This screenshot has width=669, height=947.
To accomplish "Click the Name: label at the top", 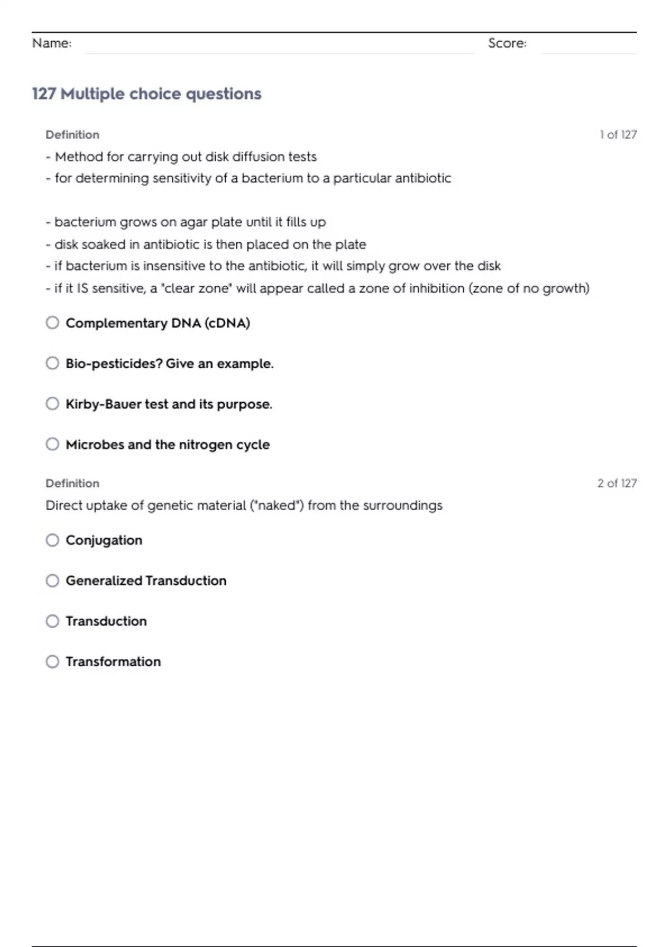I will click(x=52, y=43).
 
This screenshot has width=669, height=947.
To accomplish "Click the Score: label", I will click(x=507, y=43).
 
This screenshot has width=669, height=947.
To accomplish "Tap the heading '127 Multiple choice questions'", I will click(x=147, y=94).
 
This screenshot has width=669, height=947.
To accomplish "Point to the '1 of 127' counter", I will click(x=618, y=134).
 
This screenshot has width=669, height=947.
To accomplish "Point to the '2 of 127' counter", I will click(x=617, y=483).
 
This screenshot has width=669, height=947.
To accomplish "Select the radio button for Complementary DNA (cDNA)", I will click(x=52, y=323).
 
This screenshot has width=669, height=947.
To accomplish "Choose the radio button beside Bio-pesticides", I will click(x=52, y=363).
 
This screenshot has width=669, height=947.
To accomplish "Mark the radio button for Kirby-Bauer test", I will click(x=52, y=404).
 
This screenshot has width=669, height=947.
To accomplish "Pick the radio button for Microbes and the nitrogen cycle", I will click(x=52, y=444).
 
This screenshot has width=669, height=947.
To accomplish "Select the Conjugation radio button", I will click(x=52, y=540).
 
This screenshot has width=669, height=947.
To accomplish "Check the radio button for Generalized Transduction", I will click(x=52, y=580).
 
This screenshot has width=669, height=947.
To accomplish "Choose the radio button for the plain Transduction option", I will click(x=52, y=621).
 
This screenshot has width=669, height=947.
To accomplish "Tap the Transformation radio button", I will click(x=52, y=661).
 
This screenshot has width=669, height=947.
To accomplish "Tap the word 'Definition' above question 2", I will click(x=72, y=483).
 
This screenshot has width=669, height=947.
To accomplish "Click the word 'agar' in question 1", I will click(x=193, y=222).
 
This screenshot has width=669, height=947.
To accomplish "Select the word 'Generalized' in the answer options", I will click(x=104, y=580).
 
